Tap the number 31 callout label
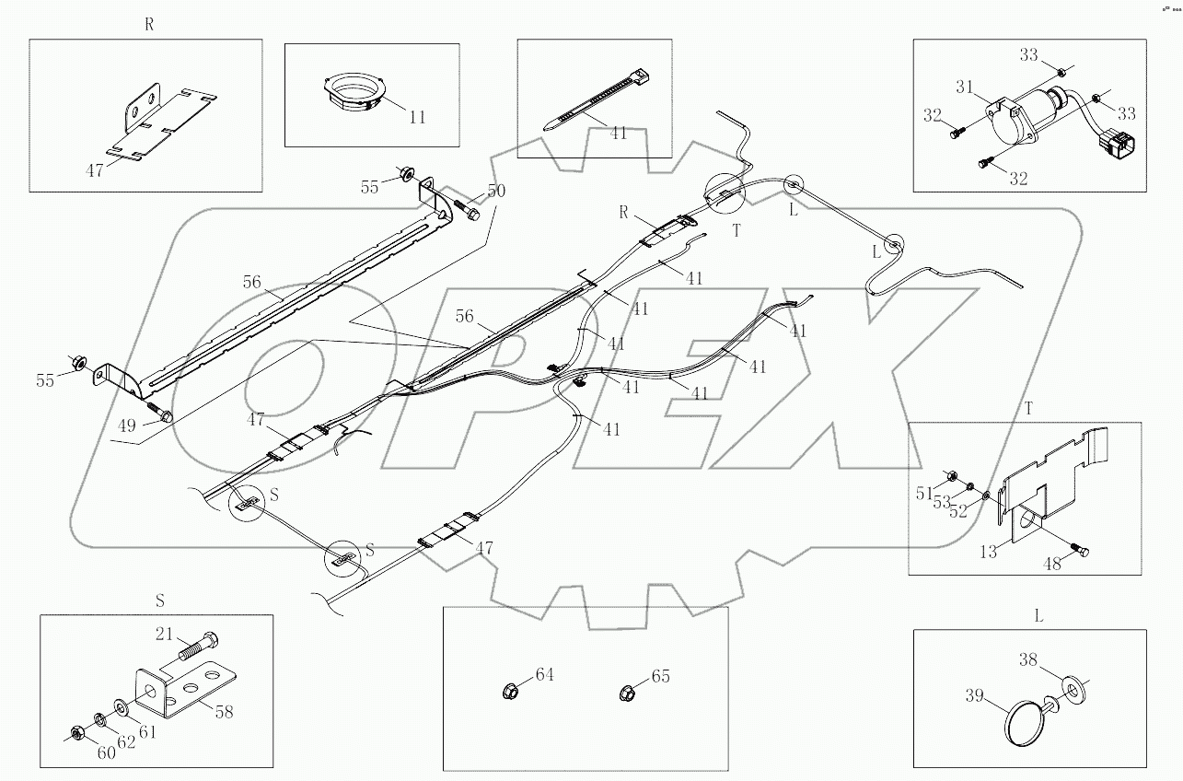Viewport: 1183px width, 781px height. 964,87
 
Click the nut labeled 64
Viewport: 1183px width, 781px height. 511,689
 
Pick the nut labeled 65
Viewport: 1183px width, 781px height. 625,690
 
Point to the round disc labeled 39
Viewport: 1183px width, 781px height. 1023,721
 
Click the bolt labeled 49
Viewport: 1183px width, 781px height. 162,414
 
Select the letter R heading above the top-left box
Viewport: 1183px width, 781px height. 149,26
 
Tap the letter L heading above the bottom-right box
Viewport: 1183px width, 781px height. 1038,616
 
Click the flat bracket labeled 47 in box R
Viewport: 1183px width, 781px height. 161,124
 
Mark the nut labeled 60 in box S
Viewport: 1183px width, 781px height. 78,733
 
